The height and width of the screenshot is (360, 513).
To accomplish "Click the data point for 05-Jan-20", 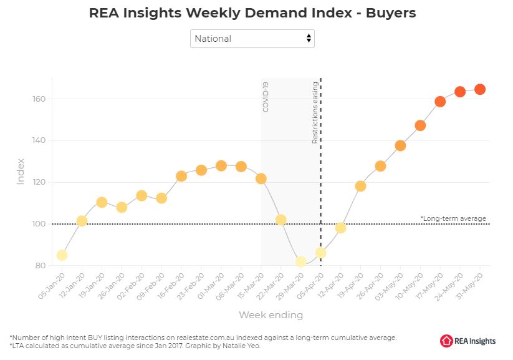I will click(x=62, y=255).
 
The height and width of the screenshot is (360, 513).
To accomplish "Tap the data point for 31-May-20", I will click(x=480, y=89).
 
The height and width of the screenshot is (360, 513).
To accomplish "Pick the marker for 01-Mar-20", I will click(x=221, y=166).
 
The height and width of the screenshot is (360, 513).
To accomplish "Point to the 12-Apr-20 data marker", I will click(x=340, y=228).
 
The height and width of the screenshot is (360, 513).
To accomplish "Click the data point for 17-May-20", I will click(x=440, y=102).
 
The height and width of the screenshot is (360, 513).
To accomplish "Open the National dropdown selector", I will click(x=252, y=39).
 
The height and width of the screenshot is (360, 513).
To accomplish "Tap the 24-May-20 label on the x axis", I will click(x=452, y=284).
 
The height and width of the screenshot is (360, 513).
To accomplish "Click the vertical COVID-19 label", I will click(x=266, y=97).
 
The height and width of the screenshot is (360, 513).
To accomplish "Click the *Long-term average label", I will click(x=453, y=218).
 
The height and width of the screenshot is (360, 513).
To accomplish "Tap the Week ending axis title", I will click(x=271, y=314).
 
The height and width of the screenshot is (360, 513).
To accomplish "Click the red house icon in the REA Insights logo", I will click(x=446, y=340).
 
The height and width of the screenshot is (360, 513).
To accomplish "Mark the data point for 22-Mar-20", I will click(x=281, y=220).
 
